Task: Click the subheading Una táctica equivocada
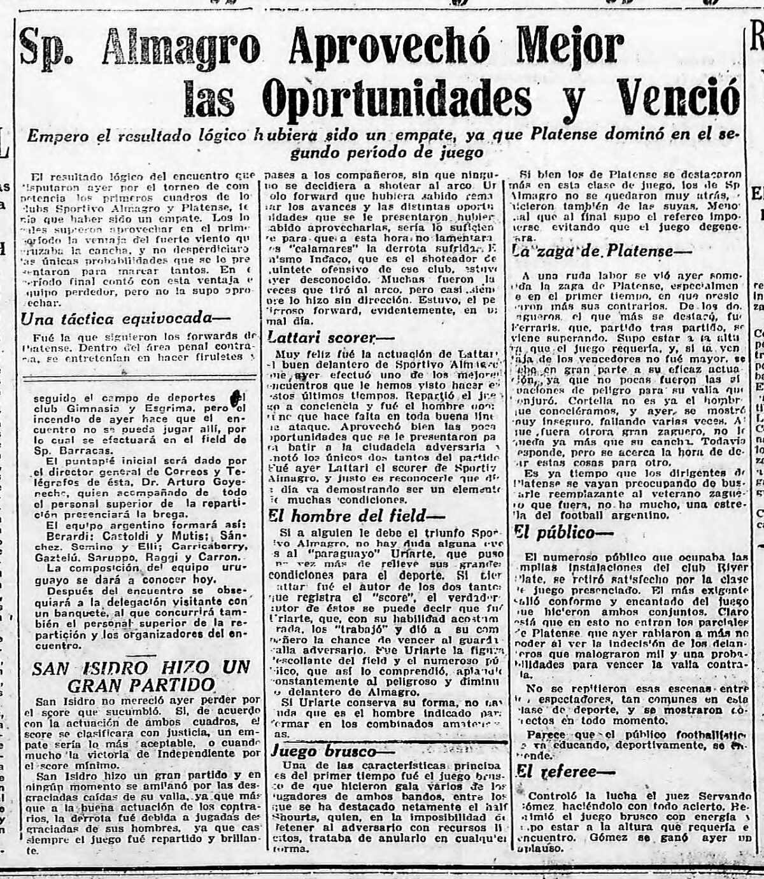124,320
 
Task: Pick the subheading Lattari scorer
330,337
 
